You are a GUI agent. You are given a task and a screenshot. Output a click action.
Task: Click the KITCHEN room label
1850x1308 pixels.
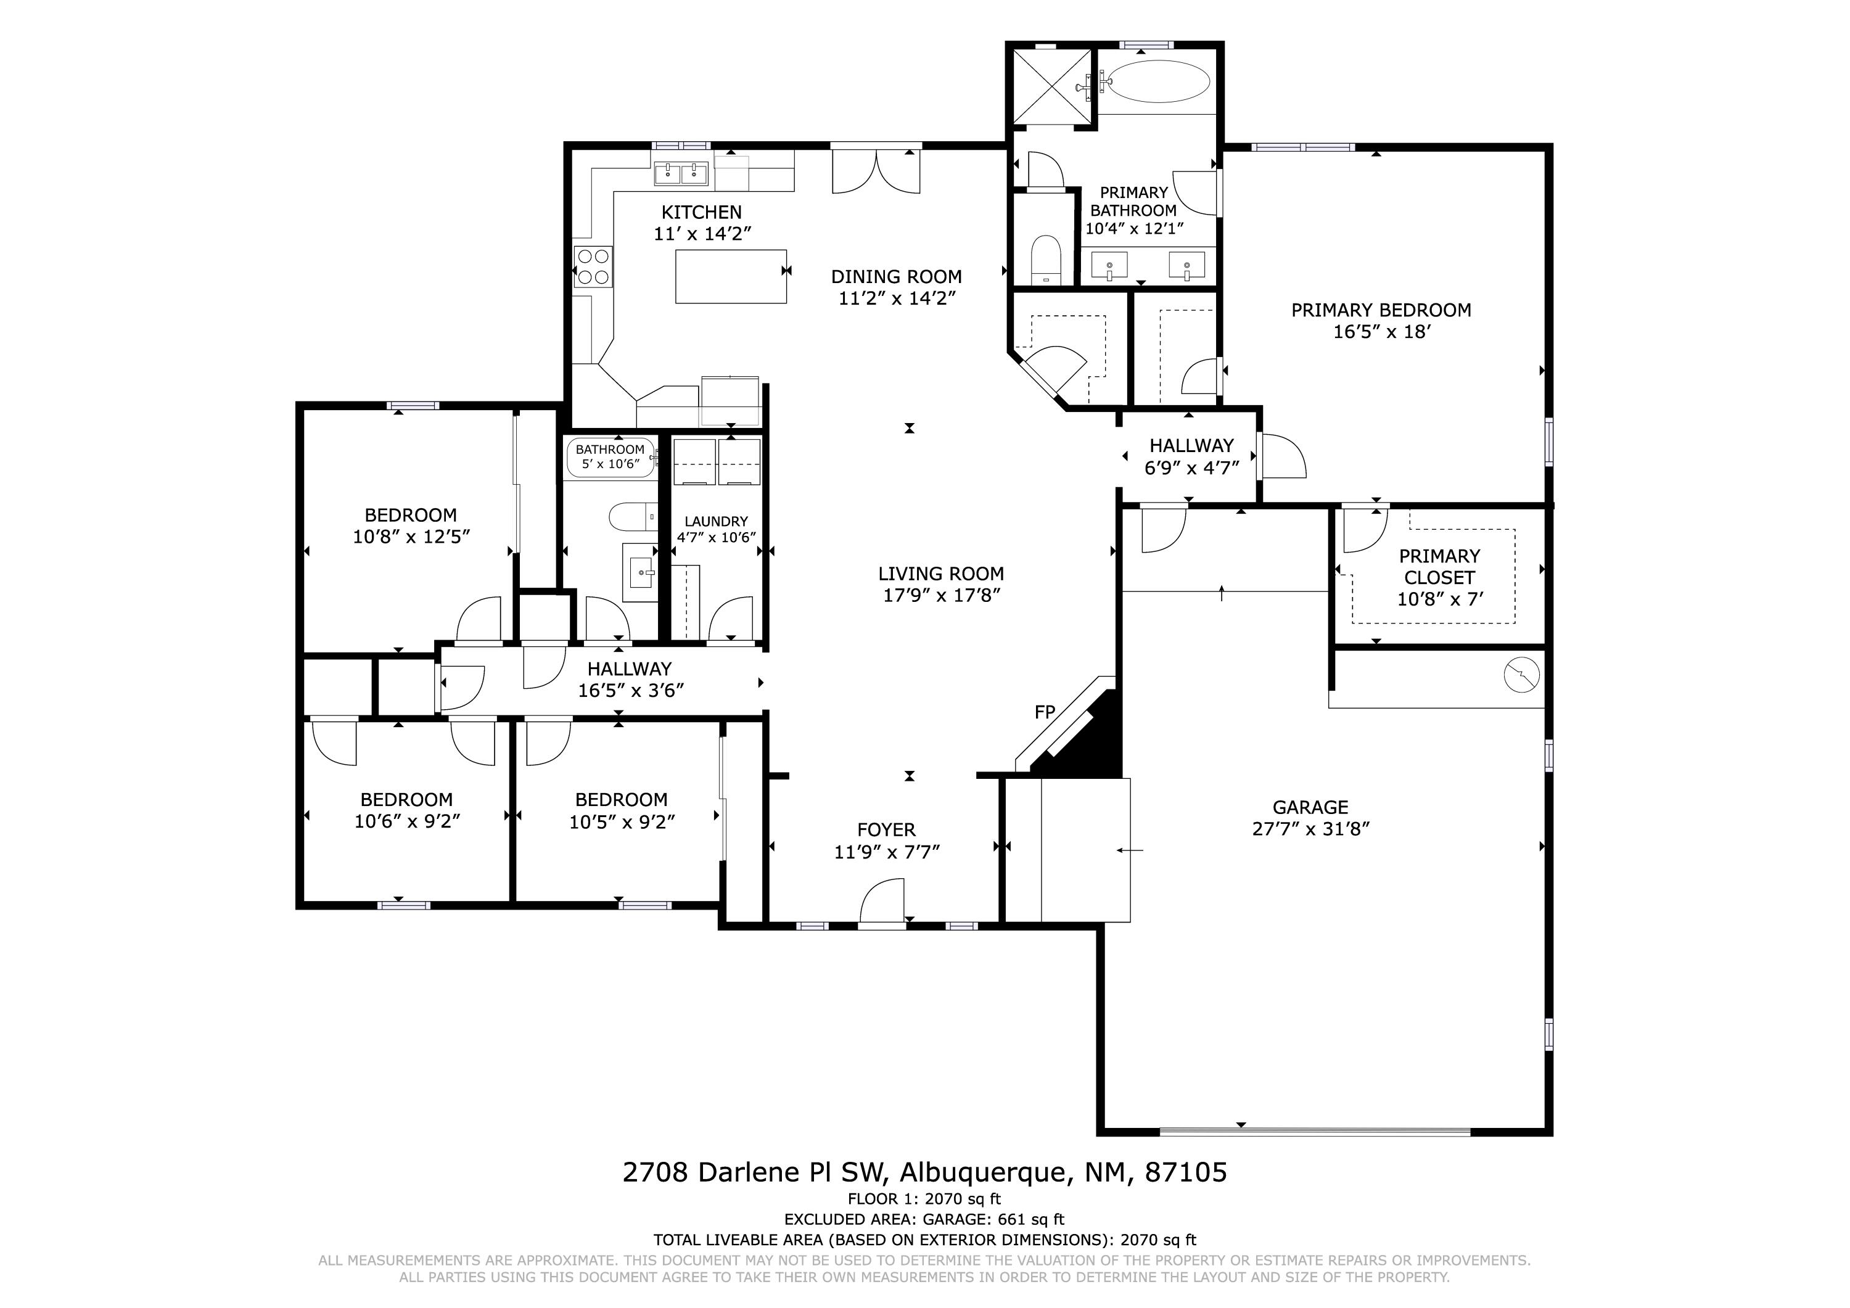(701, 213)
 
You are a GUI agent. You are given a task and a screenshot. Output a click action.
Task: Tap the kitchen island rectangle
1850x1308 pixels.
(730, 276)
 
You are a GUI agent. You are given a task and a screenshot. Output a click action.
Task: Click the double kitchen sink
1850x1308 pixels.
(680, 173)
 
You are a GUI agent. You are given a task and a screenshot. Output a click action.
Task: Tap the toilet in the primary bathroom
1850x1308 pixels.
(1046, 258)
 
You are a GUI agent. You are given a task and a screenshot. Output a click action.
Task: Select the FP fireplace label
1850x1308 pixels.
(1044, 712)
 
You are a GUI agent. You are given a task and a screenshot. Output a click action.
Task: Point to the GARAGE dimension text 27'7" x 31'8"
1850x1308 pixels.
(1311, 829)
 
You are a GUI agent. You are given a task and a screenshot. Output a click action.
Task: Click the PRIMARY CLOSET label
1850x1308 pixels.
(1439, 567)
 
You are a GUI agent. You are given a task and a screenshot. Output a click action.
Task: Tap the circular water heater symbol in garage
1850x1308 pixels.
(1521, 675)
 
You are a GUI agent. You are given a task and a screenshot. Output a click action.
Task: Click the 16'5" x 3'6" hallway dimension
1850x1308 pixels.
(630, 691)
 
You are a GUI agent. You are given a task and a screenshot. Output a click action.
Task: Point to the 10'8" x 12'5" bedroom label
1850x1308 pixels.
(411, 537)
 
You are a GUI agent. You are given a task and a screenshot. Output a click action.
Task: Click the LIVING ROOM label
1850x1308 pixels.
(940, 574)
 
